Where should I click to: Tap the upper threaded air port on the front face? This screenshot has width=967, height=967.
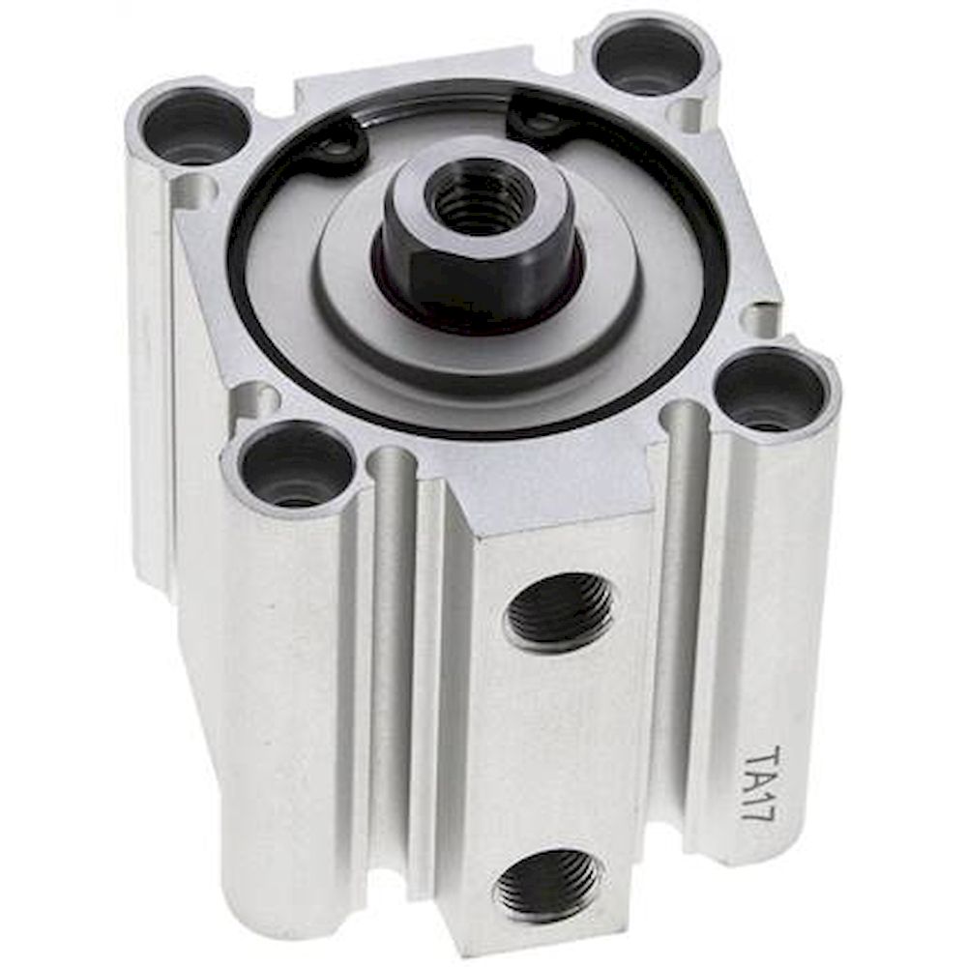[559, 611]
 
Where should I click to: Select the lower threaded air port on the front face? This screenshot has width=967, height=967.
[547, 884]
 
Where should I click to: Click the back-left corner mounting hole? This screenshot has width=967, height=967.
[193, 127]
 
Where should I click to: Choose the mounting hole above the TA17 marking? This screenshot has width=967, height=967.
[771, 392]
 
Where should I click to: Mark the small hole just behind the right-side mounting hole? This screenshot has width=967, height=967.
[760, 319]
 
